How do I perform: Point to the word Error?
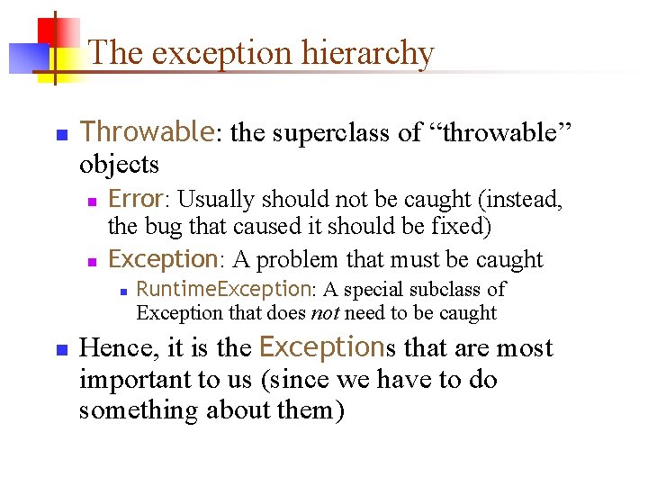point(134,199)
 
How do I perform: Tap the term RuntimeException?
point(223,289)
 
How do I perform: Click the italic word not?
point(324,313)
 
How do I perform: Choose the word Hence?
point(109,348)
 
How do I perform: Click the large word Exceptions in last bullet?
point(322,347)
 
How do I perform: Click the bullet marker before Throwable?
point(61,135)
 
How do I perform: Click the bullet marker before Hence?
point(61,349)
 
